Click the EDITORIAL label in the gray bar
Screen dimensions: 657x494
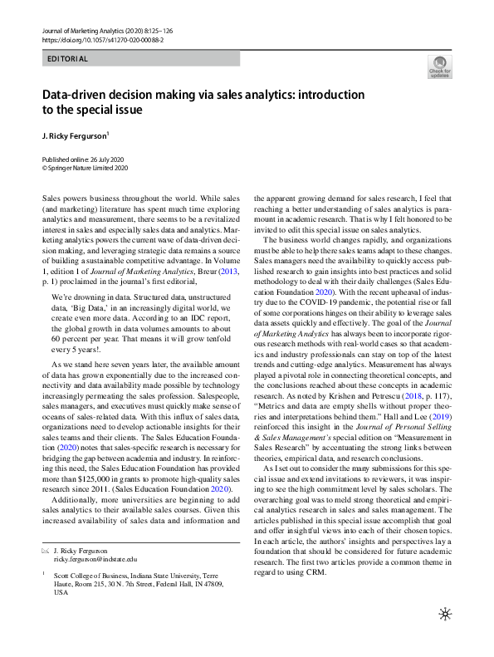(x=68, y=59)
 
